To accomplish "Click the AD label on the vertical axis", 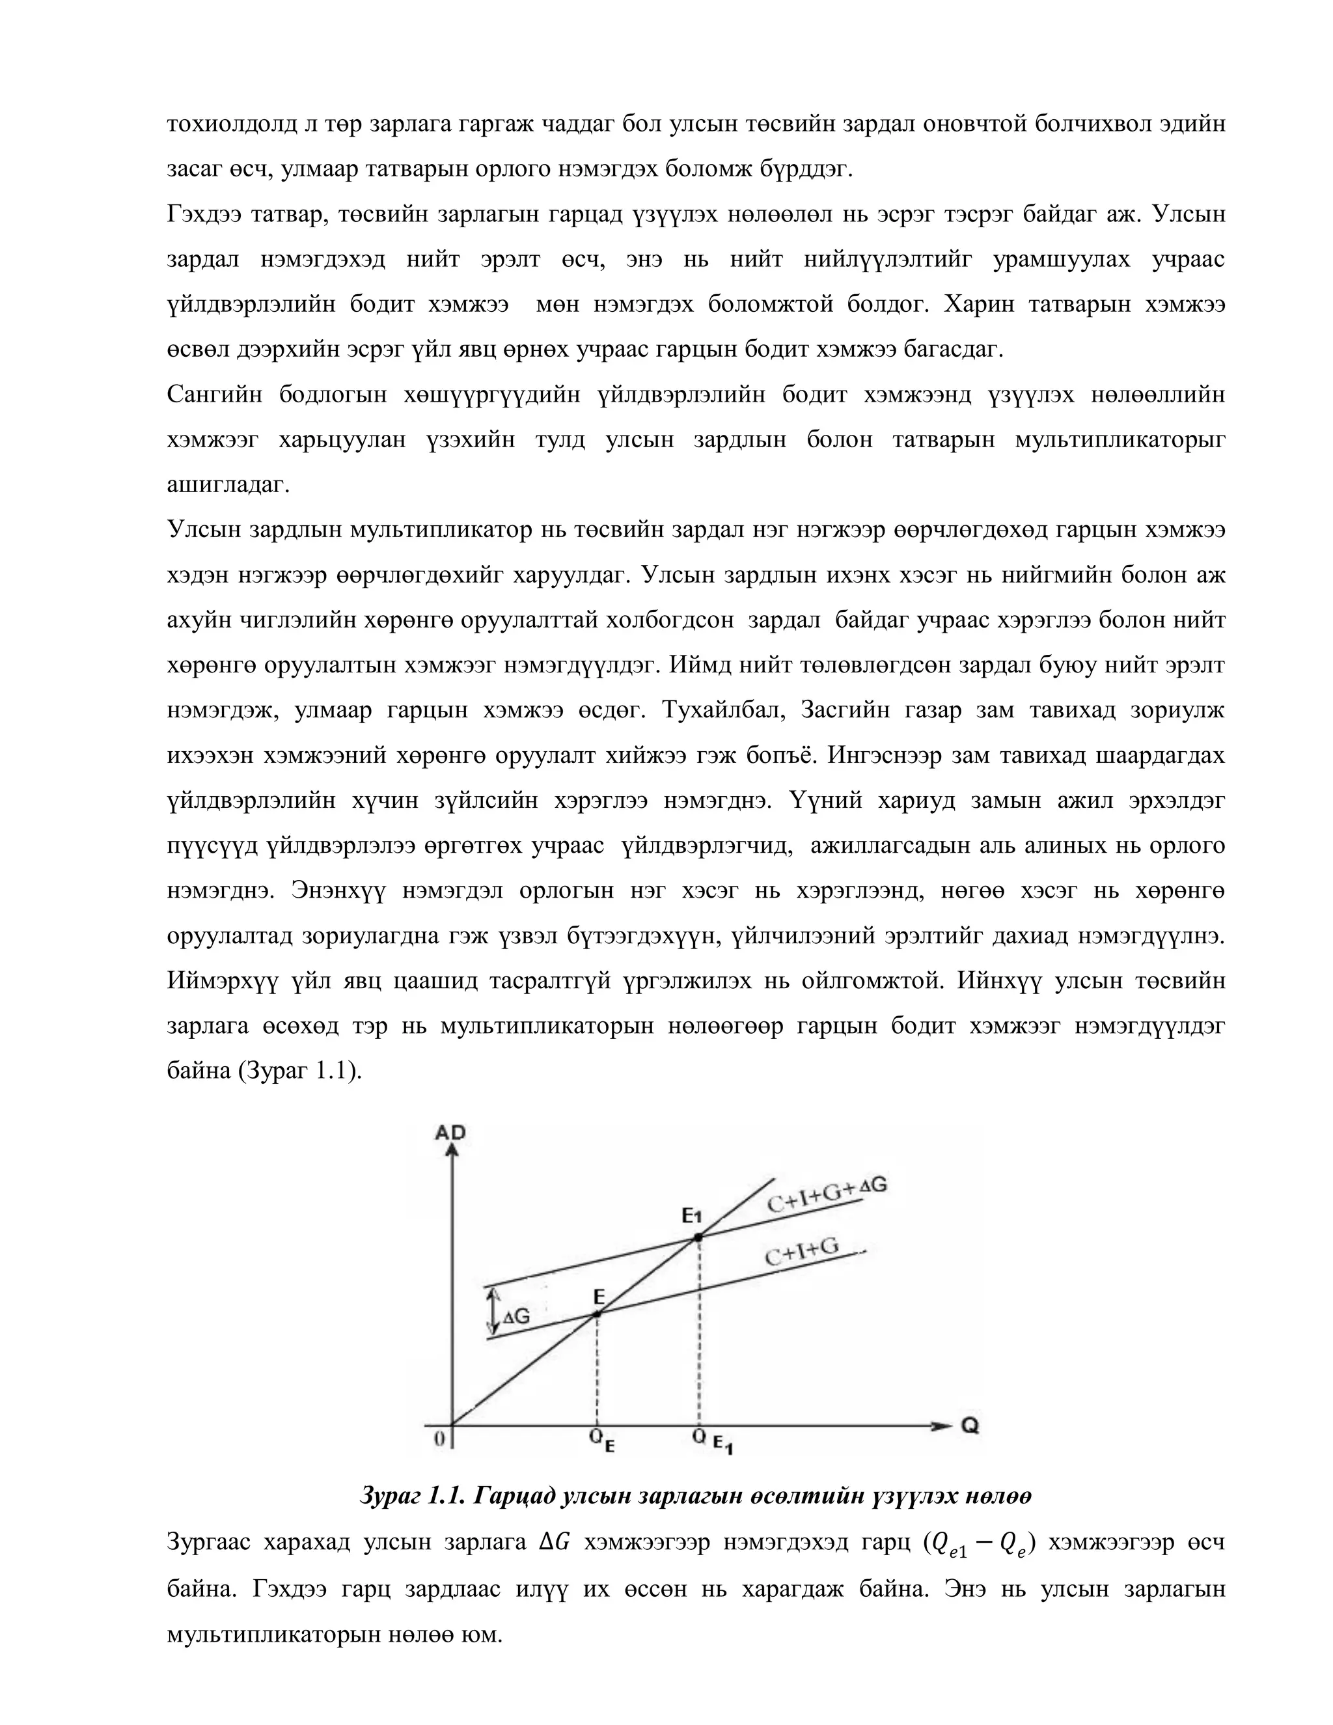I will pyautogui.click(x=451, y=1133).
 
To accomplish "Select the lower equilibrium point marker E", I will pyautogui.click(x=598, y=1314).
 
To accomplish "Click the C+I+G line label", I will pyautogui.click(x=801, y=1252).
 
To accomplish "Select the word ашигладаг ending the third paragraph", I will pyautogui.click(x=228, y=484).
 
